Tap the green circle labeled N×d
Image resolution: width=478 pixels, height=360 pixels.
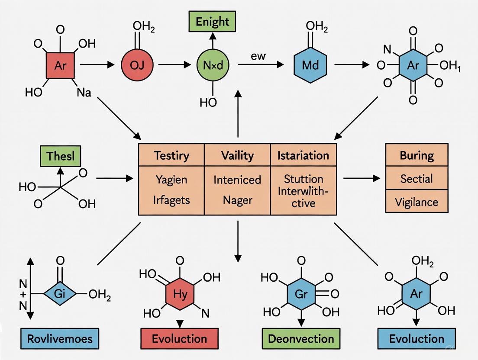tap(213, 66)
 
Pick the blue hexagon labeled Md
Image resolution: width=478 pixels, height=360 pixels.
tap(310, 66)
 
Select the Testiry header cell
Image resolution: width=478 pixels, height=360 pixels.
tap(171, 155)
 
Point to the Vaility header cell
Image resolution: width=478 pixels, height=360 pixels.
tap(237, 155)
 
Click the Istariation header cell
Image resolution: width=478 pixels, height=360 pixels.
tap(303, 155)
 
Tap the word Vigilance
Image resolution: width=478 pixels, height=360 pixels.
tap(417, 202)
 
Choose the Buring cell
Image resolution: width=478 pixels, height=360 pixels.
tap(417, 155)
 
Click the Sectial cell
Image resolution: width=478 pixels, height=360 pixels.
tap(417, 178)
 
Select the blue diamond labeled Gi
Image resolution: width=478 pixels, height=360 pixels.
tap(60, 294)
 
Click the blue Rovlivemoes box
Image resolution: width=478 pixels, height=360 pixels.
tap(60, 338)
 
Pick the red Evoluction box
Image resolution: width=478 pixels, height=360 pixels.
tap(179, 338)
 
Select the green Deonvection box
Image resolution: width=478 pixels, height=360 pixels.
tap(300, 338)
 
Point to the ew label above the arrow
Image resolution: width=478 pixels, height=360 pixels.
tap(258, 56)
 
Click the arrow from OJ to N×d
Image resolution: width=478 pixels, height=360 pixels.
tap(174, 65)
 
